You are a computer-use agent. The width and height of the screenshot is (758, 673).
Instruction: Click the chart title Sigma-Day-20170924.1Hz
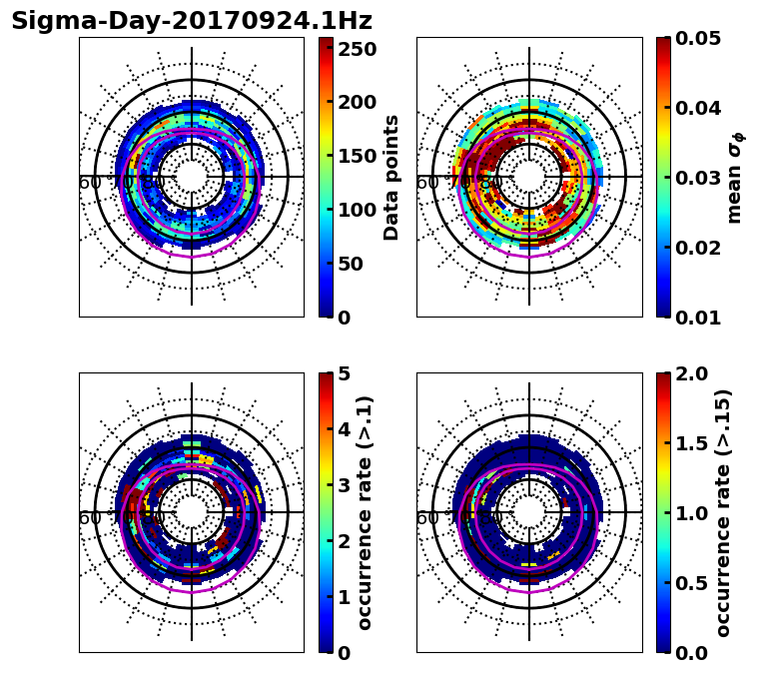point(191,21)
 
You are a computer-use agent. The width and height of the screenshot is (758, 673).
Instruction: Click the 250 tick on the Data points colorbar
point(358,48)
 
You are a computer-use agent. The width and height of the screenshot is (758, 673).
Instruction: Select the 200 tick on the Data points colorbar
point(358,102)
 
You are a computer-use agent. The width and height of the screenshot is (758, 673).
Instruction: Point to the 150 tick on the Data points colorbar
point(358,156)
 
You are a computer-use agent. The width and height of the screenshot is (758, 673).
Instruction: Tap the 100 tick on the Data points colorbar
point(358,210)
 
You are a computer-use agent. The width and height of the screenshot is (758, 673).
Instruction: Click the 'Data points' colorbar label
point(391,177)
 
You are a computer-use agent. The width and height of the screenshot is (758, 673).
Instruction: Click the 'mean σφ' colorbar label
point(735,177)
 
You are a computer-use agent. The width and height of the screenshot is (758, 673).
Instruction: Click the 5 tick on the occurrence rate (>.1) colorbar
point(345,373)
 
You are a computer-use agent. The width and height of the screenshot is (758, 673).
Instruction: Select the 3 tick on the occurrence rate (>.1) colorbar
point(345,485)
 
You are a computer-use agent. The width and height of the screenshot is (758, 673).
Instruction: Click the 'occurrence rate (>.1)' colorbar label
point(366,512)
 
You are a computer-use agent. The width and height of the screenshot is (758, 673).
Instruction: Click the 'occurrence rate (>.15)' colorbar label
point(723,512)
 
